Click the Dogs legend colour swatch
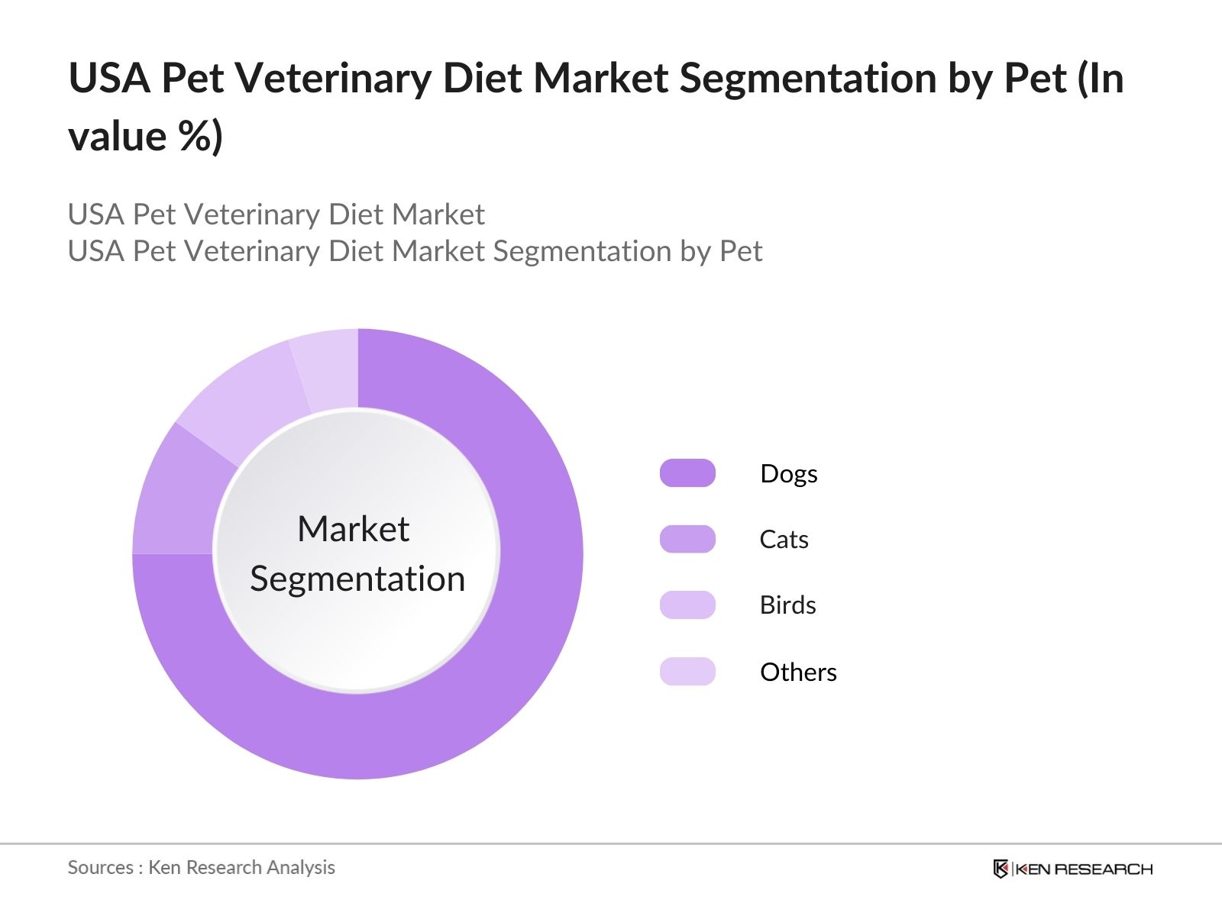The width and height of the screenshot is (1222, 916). point(687,473)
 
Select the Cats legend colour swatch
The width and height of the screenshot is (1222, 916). point(687,539)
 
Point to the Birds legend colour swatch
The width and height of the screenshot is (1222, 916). point(687,605)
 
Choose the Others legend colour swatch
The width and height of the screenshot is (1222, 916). point(687,672)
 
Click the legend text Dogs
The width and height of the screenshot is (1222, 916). point(788,474)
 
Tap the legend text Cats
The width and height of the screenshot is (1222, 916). point(784,540)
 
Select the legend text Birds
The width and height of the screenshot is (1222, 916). point(787,605)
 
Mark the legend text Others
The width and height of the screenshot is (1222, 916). point(798,672)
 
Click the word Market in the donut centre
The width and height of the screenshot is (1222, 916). point(353,529)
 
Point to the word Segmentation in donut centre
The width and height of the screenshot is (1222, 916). point(357,579)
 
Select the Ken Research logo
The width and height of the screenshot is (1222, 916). point(1072,869)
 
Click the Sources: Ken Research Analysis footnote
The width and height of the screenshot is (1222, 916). point(201,868)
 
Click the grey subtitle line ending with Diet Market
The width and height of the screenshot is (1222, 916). point(276,214)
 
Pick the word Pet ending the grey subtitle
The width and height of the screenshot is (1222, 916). point(741,251)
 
